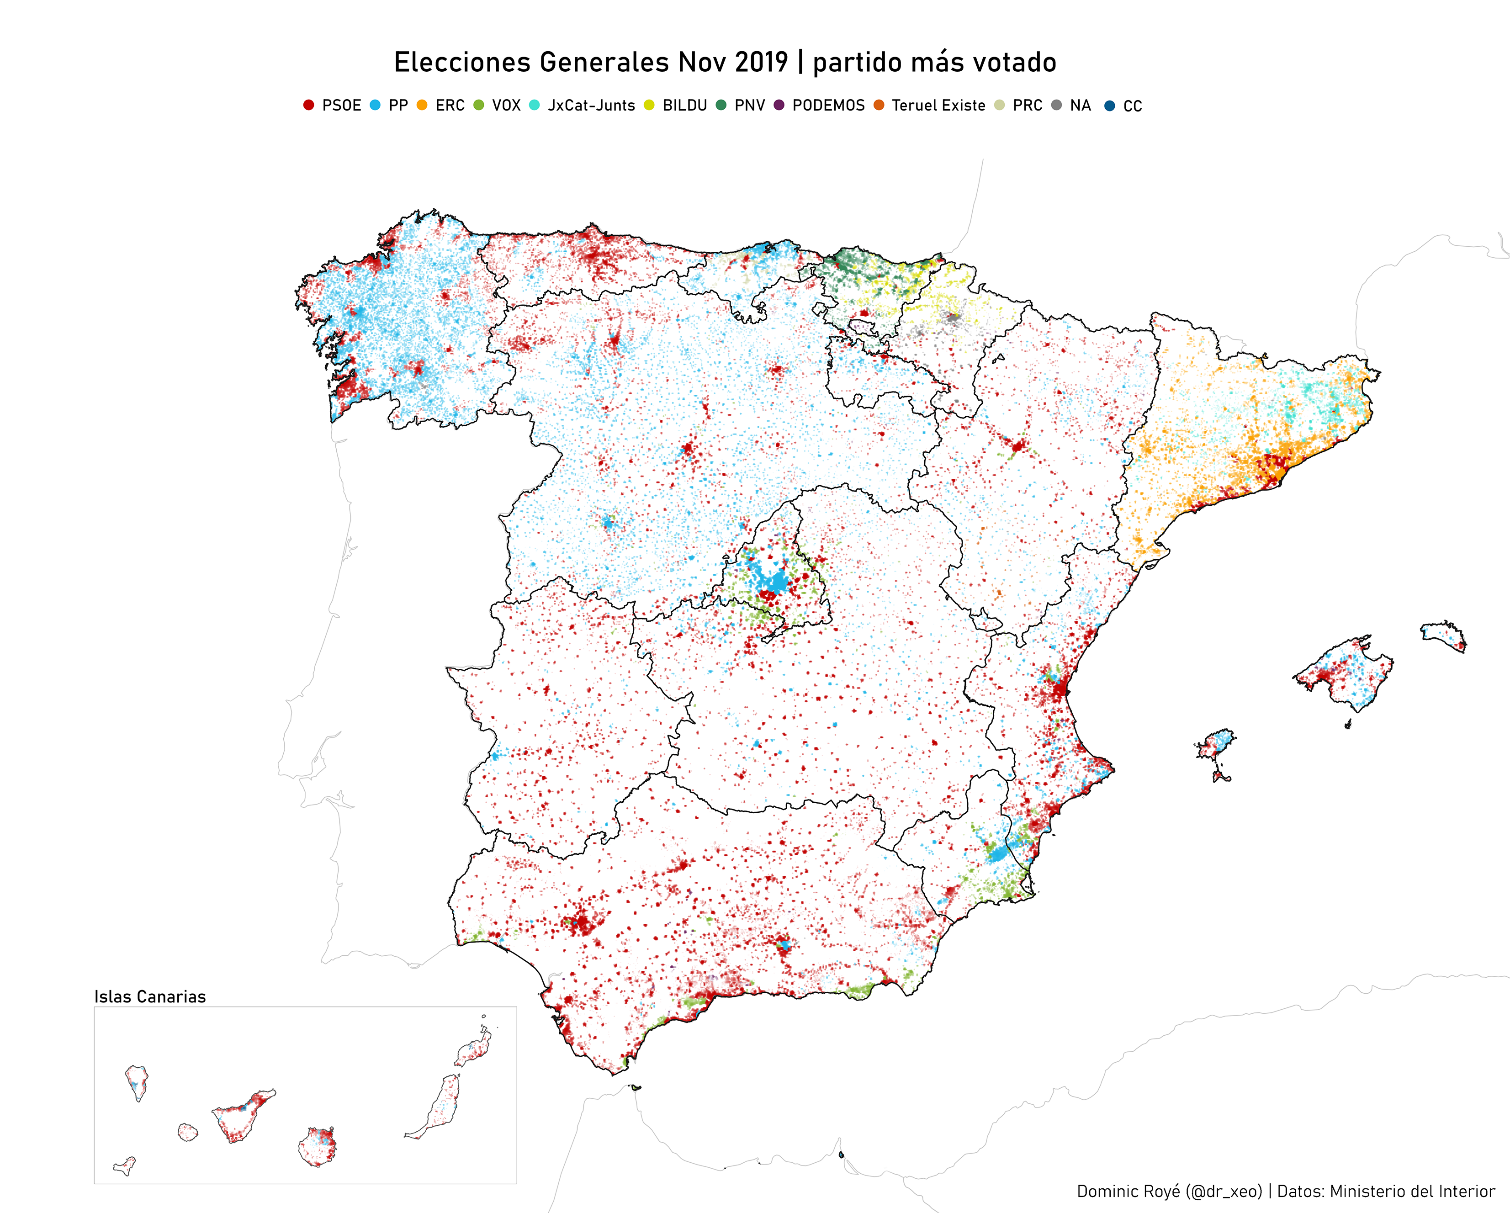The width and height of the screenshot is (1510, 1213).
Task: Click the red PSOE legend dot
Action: pos(308,105)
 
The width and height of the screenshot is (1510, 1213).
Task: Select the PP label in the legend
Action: pos(398,106)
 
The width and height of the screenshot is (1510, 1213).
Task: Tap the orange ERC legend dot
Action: pos(422,105)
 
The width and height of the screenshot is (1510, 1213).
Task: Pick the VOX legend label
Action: pos(506,106)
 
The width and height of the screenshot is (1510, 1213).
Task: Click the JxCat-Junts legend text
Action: pos(591,106)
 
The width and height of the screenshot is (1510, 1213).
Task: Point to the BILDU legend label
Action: pos(684,106)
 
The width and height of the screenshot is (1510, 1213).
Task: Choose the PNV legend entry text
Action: pos(749,106)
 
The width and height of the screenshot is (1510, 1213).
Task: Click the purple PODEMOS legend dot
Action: pos(779,105)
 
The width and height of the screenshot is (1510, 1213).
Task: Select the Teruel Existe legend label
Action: pos(938,106)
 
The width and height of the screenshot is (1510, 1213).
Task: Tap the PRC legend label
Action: pos(1028,106)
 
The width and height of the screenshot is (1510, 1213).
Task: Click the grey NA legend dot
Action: pos(1057,105)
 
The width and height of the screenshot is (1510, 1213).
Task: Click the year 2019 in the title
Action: pos(761,62)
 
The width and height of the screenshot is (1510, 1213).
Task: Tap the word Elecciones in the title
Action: pos(462,62)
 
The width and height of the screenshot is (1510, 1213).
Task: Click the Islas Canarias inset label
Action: pos(150,996)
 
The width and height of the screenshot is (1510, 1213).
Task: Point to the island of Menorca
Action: pos(1443,635)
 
